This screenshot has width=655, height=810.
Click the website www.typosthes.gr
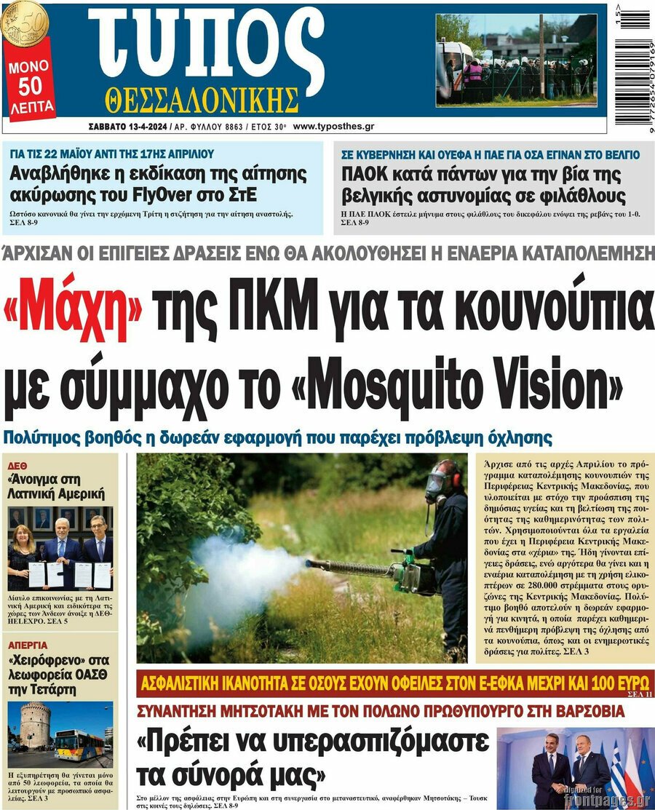[334, 126]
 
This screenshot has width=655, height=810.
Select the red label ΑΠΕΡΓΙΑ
[28, 645]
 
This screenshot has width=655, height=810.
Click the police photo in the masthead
[515, 59]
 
